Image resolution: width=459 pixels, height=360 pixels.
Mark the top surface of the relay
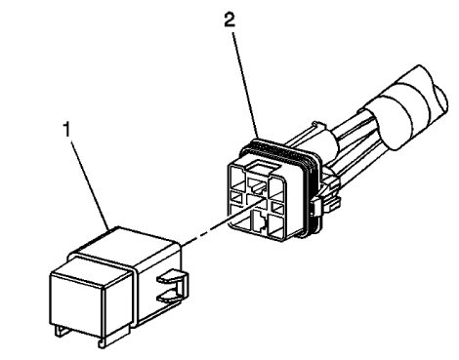pyautogui.click(x=123, y=245)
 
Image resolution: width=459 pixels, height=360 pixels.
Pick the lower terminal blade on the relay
pyautogui.click(x=170, y=287)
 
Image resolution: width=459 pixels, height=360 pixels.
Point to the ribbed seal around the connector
pyautogui.click(x=292, y=156)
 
